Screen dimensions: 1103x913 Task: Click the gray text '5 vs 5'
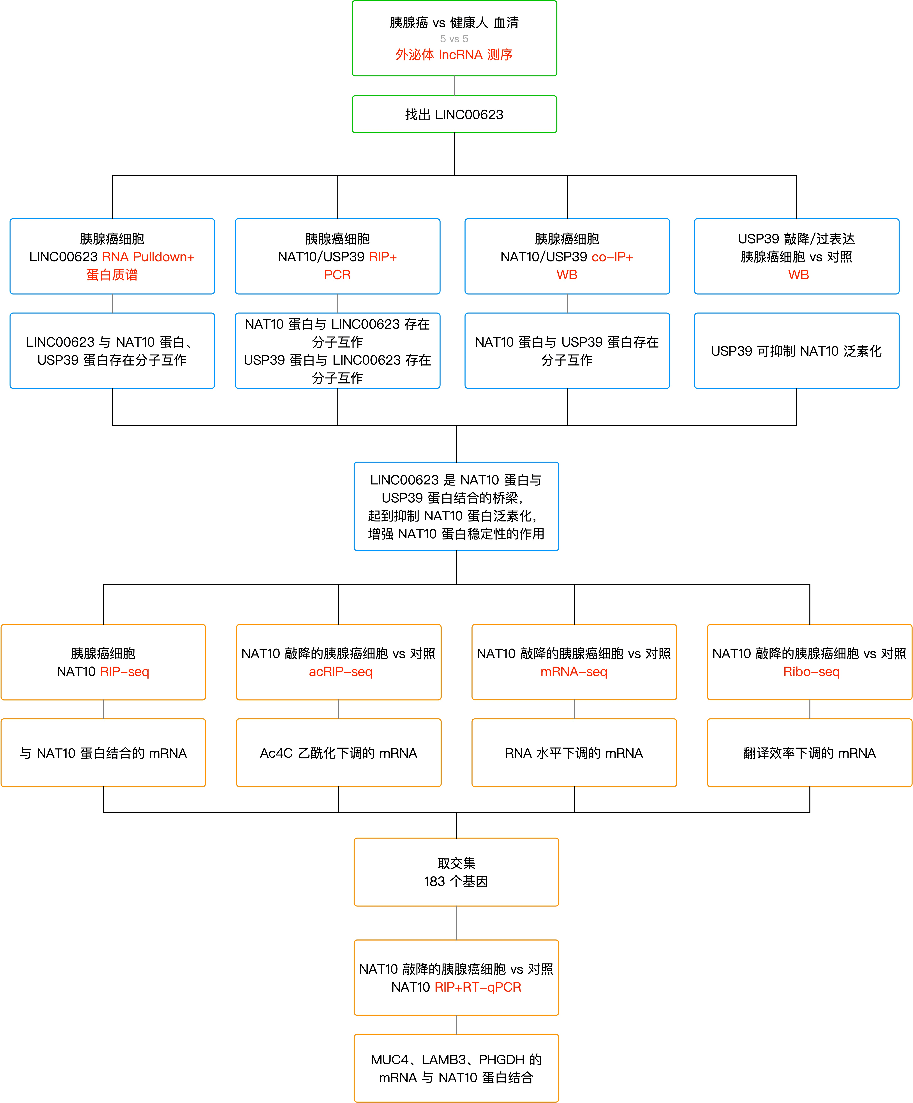454,39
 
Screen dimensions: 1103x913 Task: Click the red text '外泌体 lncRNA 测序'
454,55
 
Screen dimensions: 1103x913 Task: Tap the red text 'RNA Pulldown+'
148,257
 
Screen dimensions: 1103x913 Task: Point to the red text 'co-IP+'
612,257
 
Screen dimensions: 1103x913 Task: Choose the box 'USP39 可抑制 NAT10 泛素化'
796,351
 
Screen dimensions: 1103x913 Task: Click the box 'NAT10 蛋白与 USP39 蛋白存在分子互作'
567,351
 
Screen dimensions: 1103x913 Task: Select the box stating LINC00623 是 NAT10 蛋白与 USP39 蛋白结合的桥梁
456,506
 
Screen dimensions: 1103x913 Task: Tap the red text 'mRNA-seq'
574,672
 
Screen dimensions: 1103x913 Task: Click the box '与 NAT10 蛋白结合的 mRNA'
103,753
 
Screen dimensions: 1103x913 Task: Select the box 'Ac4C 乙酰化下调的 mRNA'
339,753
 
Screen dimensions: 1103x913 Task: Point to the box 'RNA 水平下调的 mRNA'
574,753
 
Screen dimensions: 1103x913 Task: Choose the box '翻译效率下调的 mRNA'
810,753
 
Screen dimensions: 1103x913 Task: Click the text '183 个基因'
456,881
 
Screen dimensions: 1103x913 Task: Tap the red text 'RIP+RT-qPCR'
478,987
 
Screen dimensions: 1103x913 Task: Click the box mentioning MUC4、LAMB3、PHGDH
456,1068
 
